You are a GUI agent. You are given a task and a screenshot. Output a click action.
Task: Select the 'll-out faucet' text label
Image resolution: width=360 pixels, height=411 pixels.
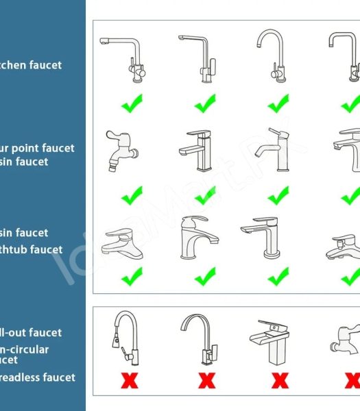(x=31, y=333)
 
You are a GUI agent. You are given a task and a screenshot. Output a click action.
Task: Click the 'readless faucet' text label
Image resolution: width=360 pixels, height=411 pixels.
(x=38, y=377)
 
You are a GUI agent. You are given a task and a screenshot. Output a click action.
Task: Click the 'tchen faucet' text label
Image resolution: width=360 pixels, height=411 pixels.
(x=31, y=65)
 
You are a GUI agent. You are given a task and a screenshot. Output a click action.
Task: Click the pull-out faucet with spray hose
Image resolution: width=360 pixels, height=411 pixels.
(x=125, y=339)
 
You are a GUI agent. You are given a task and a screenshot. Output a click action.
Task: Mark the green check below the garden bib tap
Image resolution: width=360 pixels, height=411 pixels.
(x=132, y=195)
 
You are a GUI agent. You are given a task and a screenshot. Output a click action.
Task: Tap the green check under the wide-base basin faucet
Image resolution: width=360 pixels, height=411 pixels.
(x=132, y=277)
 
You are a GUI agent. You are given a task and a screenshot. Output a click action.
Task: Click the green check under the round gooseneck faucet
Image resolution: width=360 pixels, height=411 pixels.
(x=278, y=104)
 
